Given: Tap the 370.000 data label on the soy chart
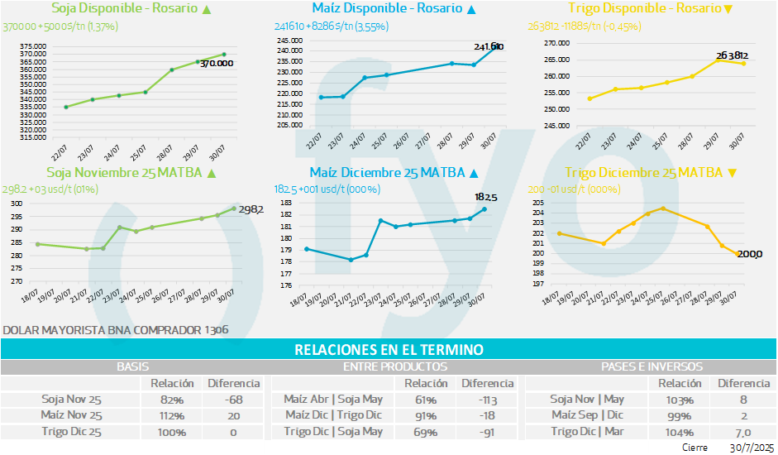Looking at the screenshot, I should (x=217, y=63).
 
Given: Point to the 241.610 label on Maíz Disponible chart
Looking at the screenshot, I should (x=488, y=47).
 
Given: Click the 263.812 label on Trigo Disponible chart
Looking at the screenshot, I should (x=733, y=55).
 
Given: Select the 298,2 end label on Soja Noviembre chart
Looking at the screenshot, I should (x=251, y=210).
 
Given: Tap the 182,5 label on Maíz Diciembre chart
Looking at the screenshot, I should (x=485, y=198).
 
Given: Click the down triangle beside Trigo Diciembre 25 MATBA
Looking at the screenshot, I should (x=731, y=173).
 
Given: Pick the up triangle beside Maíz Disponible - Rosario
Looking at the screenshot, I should (x=471, y=9).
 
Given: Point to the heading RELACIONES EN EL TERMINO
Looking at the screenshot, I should (x=389, y=350).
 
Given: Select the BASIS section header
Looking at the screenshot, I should (x=132, y=366).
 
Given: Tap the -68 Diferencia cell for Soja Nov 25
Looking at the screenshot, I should (x=233, y=399).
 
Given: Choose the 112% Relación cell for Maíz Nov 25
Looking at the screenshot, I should (x=172, y=415).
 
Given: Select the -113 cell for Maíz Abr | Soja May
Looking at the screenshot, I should (x=487, y=399).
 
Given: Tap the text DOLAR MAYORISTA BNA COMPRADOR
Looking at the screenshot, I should (x=101, y=330).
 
